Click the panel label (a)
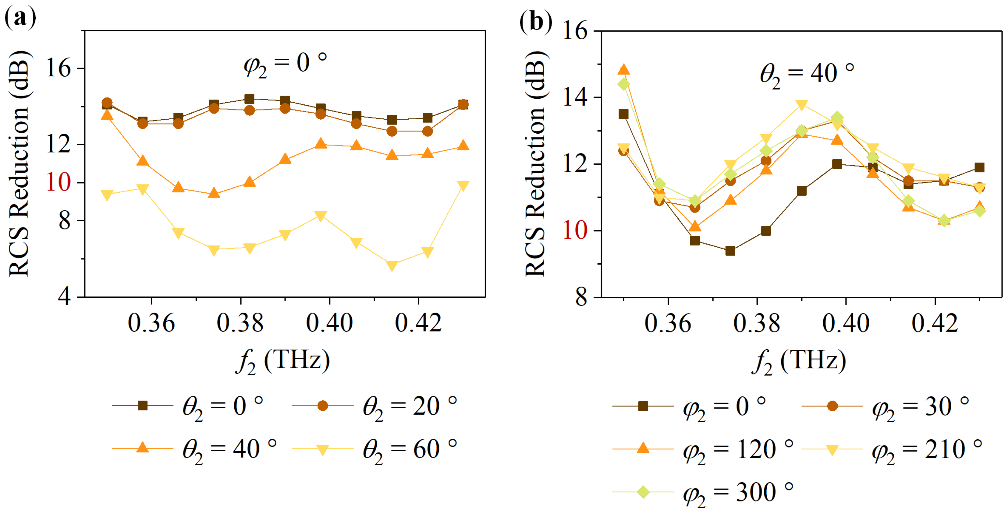tap(20, 18)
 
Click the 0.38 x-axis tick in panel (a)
tap(240, 323)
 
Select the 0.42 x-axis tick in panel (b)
tap(935, 323)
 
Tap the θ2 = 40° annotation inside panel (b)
tap(806, 74)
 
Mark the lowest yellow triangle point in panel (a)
tap(392, 265)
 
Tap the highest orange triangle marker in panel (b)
tap(624, 70)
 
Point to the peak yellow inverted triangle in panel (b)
tap(802, 105)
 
